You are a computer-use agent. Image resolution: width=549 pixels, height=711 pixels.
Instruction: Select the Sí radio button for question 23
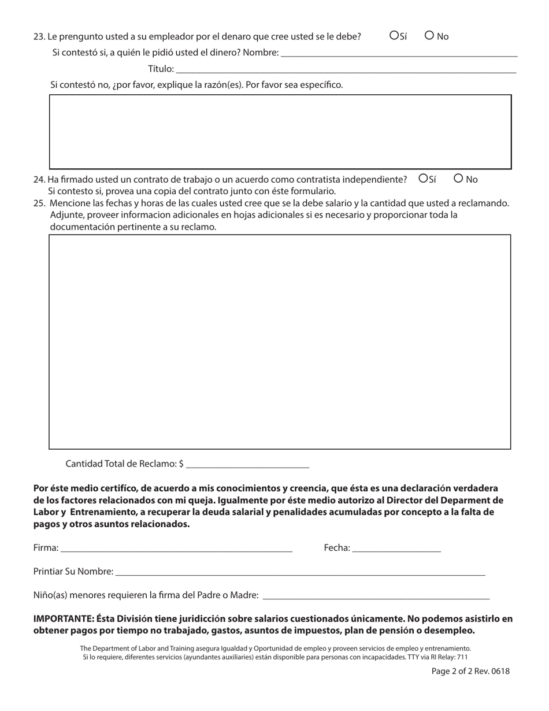(394, 35)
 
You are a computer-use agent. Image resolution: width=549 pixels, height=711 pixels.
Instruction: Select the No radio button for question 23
(429, 35)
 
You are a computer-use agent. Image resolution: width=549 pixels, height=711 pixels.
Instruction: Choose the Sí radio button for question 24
(423, 179)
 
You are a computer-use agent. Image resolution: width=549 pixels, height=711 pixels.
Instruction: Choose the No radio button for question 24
(459, 179)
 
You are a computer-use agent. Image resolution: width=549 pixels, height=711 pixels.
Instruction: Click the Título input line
(345, 69)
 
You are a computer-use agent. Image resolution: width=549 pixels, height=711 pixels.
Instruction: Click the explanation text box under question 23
(280, 131)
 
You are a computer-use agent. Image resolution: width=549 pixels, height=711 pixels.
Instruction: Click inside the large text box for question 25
(280, 341)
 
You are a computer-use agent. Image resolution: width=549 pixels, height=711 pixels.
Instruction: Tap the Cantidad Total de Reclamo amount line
(248, 463)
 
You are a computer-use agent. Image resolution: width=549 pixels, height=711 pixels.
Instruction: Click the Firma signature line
(176, 548)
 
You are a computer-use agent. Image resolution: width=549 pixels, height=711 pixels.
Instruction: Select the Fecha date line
(396, 548)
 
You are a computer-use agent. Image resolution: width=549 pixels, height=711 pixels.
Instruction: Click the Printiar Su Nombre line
(300, 571)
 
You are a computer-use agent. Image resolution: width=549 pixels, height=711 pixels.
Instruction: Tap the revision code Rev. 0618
(494, 671)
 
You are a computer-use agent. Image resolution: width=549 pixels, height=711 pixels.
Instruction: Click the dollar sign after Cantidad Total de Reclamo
(181, 464)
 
